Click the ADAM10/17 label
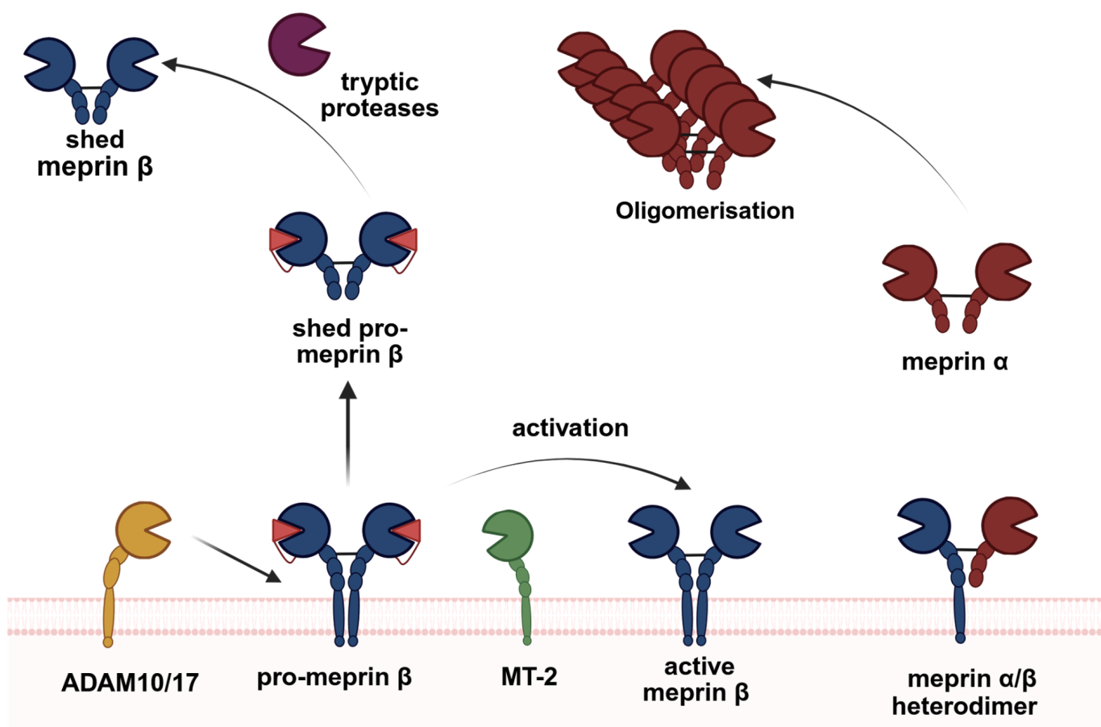coord(130,683)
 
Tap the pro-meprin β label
coord(334,677)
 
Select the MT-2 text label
coord(529,676)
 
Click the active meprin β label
coord(696,679)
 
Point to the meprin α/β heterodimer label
coord(965,692)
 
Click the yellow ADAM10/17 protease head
coord(142,530)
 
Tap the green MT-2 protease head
coord(509,533)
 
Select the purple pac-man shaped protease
coord(297,45)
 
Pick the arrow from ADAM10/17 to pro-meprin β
coord(235,557)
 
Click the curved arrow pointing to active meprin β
coord(564,463)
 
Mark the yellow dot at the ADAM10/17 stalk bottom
coord(108,642)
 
